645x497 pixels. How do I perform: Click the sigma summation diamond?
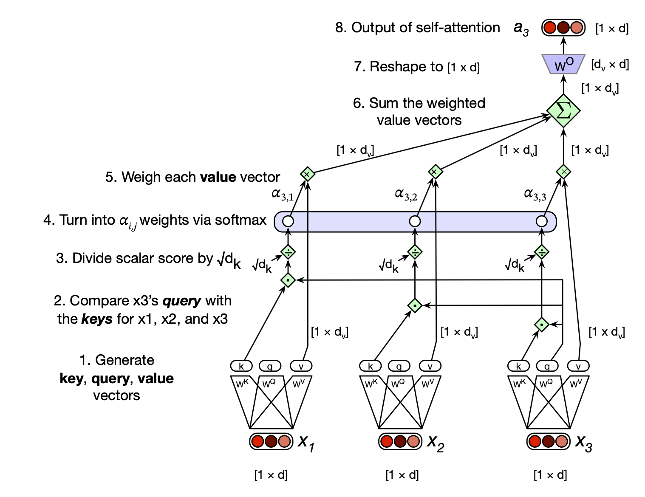pyautogui.click(x=563, y=110)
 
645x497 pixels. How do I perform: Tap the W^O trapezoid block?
pyautogui.click(x=563, y=64)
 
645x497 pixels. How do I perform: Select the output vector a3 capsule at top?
pyautogui.click(x=563, y=28)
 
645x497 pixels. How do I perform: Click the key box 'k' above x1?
pyautogui.click(x=241, y=366)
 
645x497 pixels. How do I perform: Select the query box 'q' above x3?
pyautogui.click(x=547, y=366)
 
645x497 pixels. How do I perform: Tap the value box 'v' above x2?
pyautogui.click(x=430, y=366)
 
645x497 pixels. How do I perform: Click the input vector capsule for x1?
pyautogui.click(x=271, y=441)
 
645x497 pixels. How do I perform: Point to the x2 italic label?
pyautogui.click(x=436, y=443)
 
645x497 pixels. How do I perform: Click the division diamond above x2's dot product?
pyautogui.click(x=415, y=252)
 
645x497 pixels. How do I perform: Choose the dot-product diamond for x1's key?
pyautogui.click(x=288, y=280)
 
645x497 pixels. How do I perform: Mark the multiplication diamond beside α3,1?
pyautogui.click(x=307, y=174)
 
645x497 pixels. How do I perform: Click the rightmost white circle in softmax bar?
pyautogui.click(x=541, y=221)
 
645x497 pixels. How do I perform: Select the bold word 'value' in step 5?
pyautogui.click(x=218, y=177)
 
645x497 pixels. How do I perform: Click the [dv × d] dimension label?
pyautogui.click(x=610, y=65)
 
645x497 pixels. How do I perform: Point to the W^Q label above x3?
pyautogui.click(x=546, y=384)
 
